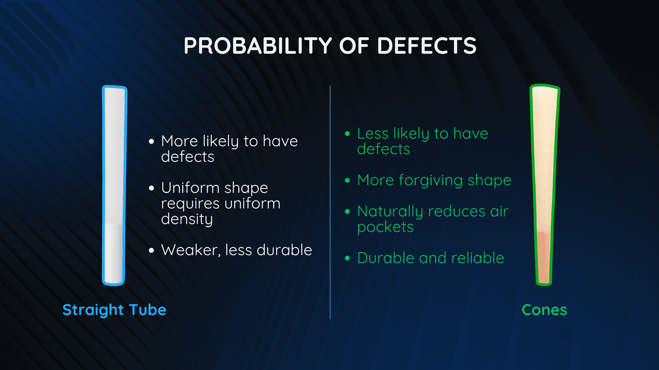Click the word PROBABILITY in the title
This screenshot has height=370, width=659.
coord(258,46)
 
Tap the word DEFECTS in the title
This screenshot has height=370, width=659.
coord(427,46)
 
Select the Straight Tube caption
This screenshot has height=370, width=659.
coord(114,310)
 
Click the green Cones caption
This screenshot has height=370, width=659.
coord(544,310)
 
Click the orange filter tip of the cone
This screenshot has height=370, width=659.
coord(544,257)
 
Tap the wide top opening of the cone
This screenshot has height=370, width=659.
coord(545,88)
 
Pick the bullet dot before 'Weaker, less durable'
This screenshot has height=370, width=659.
coord(152,250)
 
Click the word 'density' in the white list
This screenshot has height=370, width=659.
coord(187,219)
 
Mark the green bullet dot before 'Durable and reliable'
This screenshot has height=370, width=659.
coord(347,258)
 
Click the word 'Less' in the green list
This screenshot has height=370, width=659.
coord(373,134)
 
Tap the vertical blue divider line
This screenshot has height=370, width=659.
coord(330,202)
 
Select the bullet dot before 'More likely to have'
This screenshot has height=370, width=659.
coord(152,142)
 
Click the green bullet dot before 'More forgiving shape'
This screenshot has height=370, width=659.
coord(347,180)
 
